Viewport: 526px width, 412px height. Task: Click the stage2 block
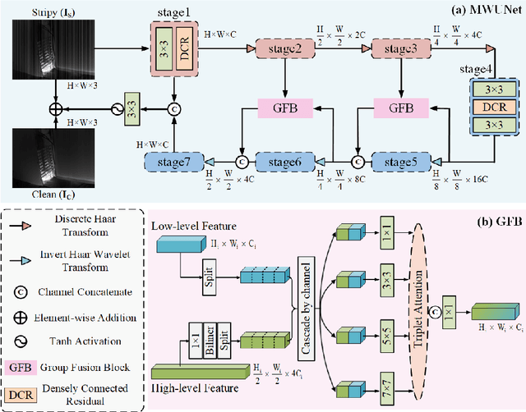point(284,50)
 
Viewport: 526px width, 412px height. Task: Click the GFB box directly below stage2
point(284,108)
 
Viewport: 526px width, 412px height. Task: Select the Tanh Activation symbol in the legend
point(28,341)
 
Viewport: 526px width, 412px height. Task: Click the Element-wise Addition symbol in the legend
point(28,315)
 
